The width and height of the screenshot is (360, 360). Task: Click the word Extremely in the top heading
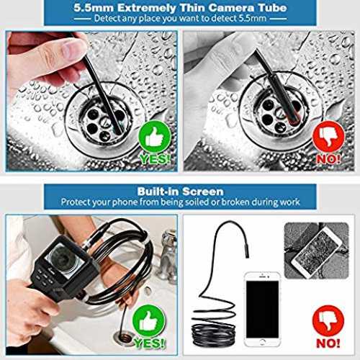[147, 8]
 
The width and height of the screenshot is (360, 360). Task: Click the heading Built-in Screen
[180, 192]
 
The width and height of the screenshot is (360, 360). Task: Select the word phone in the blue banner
[125, 202]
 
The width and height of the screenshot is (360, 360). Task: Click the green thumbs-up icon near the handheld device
[149, 321]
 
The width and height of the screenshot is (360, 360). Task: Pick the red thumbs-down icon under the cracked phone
[328, 321]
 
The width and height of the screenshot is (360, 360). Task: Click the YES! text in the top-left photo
[155, 159]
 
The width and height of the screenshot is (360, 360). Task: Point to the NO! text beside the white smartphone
[328, 343]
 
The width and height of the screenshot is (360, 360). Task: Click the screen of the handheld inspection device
[65, 260]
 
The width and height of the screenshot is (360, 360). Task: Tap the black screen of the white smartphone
[263, 310]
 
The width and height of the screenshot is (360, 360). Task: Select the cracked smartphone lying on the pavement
[315, 253]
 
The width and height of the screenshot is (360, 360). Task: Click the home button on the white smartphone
[263, 342]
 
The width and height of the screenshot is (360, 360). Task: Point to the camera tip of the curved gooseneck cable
[247, 251]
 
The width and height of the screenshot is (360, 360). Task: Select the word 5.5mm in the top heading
[94, 8]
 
